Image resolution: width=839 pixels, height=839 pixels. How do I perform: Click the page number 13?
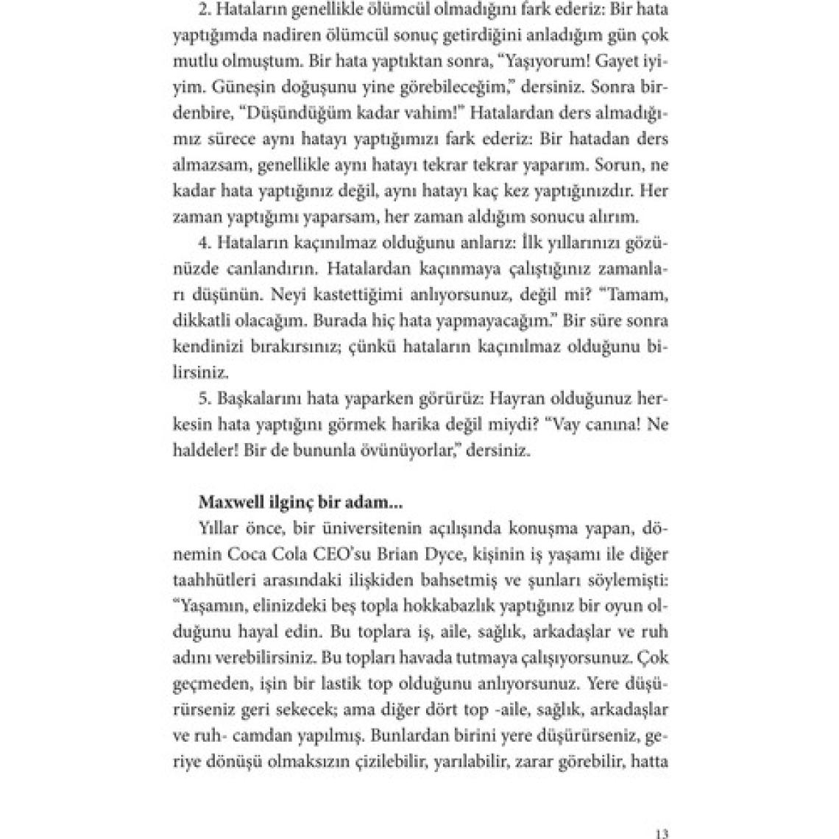pyautogui.click(x=661, y=813)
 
